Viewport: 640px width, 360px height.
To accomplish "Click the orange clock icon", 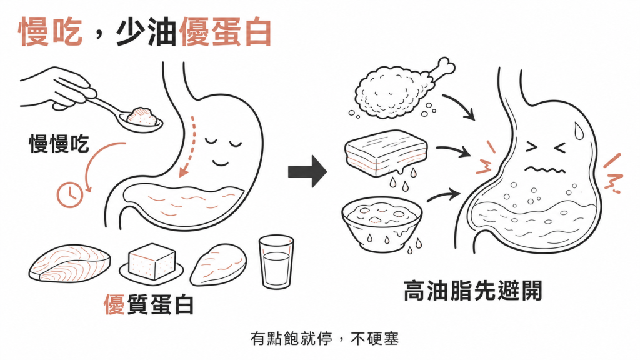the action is (x=70, y=195).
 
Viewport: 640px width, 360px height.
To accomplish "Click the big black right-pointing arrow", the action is (x=307, y=171).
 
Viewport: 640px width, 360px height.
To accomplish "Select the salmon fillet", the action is (x=70, y=263).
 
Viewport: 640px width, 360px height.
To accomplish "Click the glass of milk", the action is (x=276, y=262).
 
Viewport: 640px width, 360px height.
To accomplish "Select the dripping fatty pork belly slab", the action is (x=386, y=154).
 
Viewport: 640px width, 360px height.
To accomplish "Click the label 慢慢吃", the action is (x=59, y=144).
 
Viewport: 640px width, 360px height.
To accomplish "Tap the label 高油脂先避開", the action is (x=473, y=291).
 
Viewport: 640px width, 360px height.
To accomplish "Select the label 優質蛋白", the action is (x=149, y=304).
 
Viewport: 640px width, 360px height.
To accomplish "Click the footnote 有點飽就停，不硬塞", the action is (x=325, y=339).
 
